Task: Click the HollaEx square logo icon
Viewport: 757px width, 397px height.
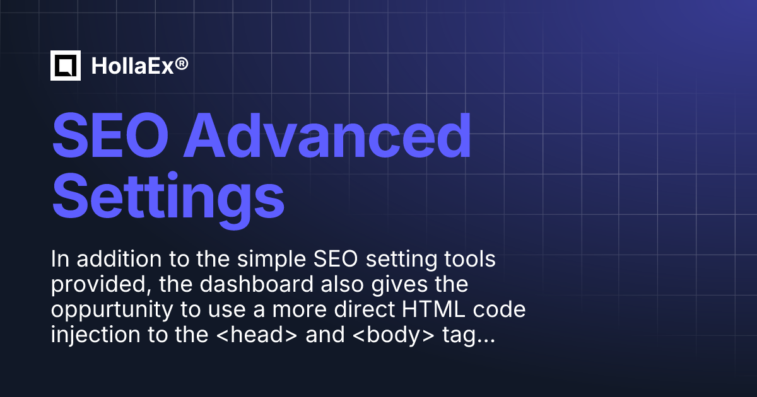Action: (66, 66)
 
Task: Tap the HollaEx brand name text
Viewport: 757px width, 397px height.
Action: (131, 66)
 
